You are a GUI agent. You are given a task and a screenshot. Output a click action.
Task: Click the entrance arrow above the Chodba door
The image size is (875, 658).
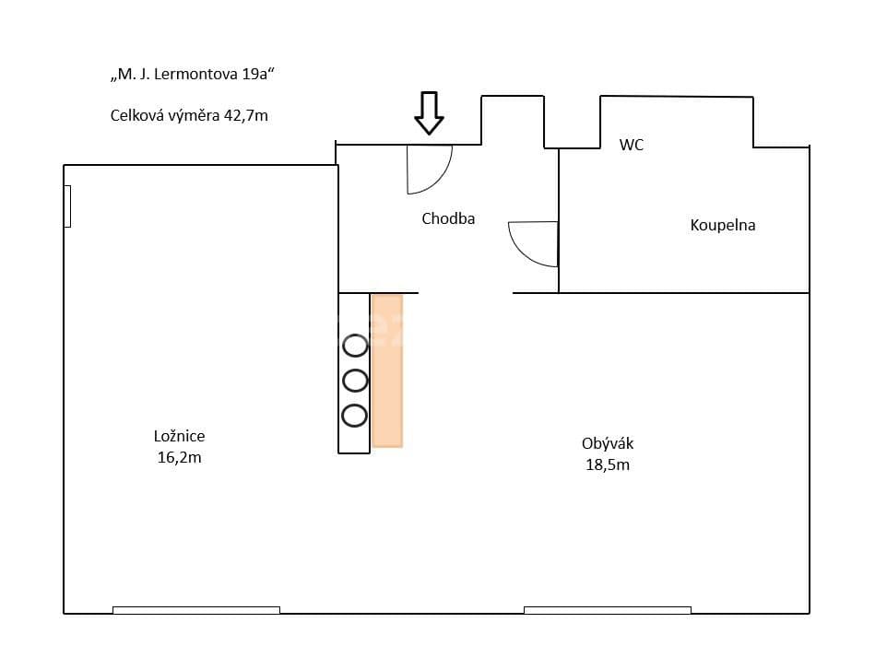429,112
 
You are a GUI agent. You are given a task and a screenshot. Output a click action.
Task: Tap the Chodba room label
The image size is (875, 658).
448,219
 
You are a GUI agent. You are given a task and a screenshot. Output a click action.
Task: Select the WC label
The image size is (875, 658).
632,146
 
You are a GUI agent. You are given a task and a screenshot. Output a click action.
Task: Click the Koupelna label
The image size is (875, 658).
723,225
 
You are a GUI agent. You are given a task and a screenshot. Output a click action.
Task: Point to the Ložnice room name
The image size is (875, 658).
179,437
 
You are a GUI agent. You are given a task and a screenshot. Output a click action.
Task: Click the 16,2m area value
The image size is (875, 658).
179,457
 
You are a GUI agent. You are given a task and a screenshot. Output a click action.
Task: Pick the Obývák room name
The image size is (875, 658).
608,444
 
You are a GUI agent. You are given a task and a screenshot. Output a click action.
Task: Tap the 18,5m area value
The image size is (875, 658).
608,465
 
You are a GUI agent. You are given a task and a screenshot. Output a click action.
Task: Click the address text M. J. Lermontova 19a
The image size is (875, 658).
192,76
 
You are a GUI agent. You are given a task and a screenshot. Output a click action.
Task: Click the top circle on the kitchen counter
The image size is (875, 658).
355,346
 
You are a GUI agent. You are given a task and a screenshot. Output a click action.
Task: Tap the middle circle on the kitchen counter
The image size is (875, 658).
355,380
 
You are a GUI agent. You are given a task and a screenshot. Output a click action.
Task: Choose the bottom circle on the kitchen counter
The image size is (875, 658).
355,415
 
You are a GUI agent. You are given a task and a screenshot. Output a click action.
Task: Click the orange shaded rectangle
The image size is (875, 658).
387,370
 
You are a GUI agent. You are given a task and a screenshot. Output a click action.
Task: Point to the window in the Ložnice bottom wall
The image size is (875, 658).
196,610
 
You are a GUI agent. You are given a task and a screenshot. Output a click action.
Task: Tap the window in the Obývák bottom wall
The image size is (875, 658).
608,610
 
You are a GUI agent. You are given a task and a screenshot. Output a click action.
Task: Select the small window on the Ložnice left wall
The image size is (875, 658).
67,206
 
